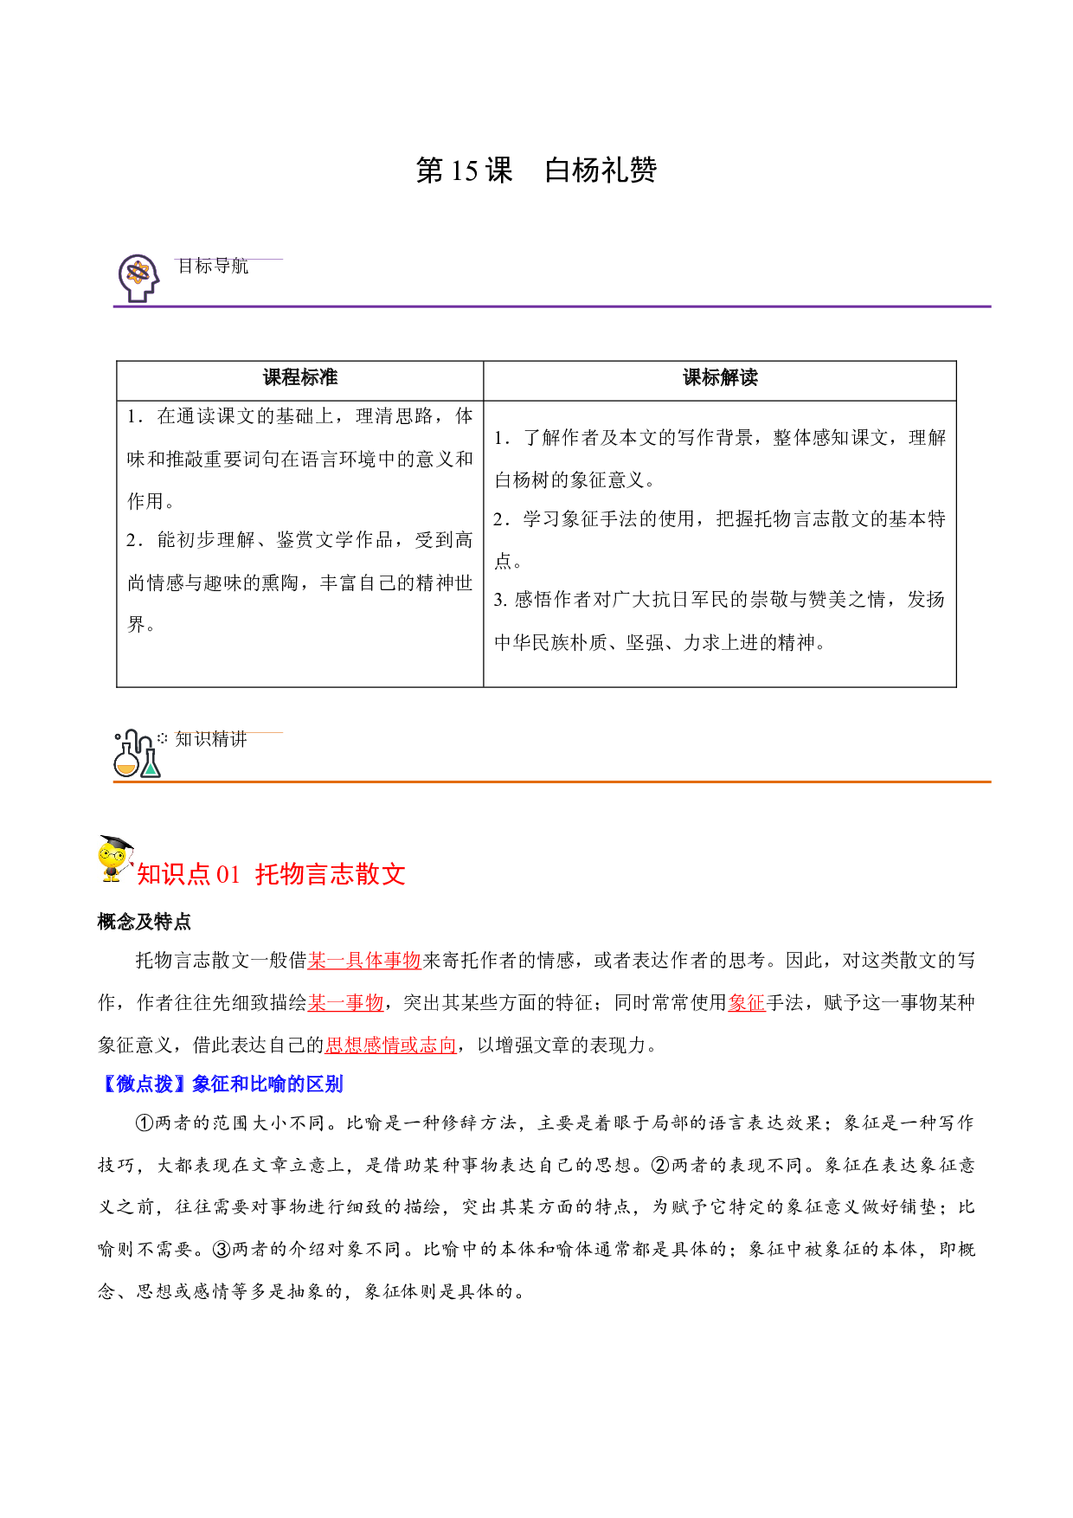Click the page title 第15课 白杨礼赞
[536, 170]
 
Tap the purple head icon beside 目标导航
[138, 278]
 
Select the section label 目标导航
[213, 267]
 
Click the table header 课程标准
[300, 377]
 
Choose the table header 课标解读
[720, 377]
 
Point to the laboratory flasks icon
[137, 753]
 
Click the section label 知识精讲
[212, 739]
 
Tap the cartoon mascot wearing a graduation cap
[115, 859]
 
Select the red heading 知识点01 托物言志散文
[271, 874]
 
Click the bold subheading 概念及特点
[145, 922]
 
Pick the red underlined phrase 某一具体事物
[364, 960]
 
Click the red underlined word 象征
[747, 1002]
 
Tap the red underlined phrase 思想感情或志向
[391, 1045]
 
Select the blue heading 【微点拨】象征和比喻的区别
[221, 1084]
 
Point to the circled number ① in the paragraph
[145, 1122]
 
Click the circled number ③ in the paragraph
[222, 1249]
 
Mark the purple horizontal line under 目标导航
[552, 306]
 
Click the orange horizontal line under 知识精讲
[552, 782]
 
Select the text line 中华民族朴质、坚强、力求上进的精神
[660, 642]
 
